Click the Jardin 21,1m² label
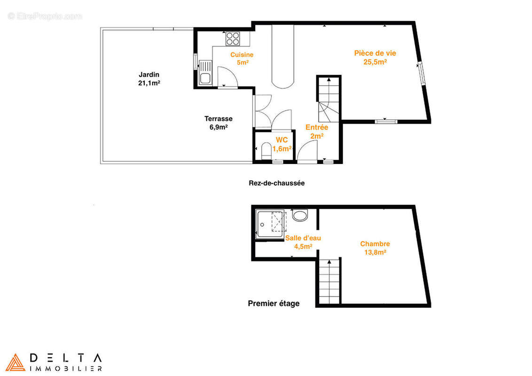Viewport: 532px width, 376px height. [x=149, y=79]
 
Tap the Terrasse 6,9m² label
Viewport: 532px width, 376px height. [x=218, y=123]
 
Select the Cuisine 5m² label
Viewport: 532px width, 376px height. [x=242, y=58]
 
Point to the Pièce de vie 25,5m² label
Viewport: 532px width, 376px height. [x=375, y=57]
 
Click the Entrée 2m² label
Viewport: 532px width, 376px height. [x=317, y=132]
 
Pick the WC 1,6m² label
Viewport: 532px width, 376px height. [x=282, y=144]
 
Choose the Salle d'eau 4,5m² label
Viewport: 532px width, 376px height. [x=303, y=243]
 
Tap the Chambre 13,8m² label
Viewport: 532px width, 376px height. [x=375, y=248]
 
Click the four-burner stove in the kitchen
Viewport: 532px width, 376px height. [x=233, y=39]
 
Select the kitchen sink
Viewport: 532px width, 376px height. [x=205, y=72]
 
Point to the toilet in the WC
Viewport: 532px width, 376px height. [x=266, y=151]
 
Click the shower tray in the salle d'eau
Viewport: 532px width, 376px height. [x=270, y=224]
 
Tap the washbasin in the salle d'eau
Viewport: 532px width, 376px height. [x=300, y=215]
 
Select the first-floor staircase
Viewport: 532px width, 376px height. [x=329, y=282]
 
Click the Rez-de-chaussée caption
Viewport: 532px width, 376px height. [x=276, y=183]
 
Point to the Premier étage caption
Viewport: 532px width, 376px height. [x=274, y=303]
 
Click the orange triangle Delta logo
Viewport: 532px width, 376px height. [x=15, y=362]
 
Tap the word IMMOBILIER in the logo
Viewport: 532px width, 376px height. [x=66, y=368]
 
